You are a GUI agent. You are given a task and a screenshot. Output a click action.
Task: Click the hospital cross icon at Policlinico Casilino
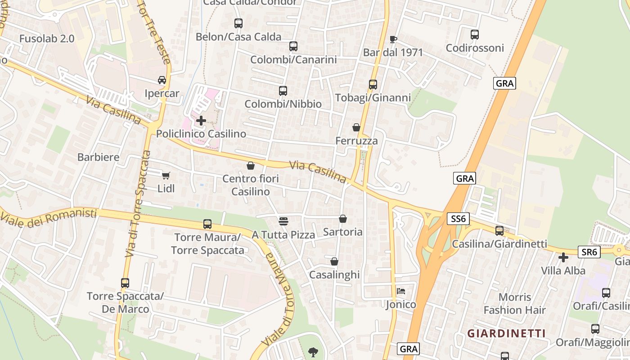pyautogui.click(x=201, y=121)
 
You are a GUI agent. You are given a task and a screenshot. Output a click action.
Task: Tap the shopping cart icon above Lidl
pyautogui.click(x=166, y=175)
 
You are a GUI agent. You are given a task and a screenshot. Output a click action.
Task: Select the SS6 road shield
pyautogui.click(x=459, y=219)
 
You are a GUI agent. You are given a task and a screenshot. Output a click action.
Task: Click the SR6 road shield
pyautogui.click(x=589, y=252)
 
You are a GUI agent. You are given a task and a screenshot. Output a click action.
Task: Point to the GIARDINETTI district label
pyautogui.click(x=506, y=333)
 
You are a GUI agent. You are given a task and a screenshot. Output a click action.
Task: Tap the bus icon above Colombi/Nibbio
pyautogui.click(x=283, y=91)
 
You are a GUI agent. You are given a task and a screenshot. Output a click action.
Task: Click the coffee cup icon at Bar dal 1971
pyautogui.click(x=393, y=39)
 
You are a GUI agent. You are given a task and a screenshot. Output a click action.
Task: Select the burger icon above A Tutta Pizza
pyautogui.click(x=283, y=221)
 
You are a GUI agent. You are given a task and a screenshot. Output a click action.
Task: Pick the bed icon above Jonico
pyautogui.click(x=401, y=291)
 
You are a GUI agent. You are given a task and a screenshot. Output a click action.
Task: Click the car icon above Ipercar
pyautogui.click(x=162, y=80)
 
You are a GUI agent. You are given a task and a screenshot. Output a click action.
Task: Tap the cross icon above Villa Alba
pyautogui.click(x=563, y=257)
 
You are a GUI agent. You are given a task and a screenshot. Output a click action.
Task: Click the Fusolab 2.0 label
pyautogui.click(x=46, y=39)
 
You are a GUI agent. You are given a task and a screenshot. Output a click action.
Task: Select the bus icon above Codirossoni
pyautogui.click(x=475, y=35)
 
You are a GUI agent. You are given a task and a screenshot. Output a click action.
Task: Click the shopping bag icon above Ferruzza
pyautogui.click(x=356, y=127)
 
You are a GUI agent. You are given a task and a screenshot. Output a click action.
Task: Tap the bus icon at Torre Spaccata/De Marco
pyautogui.click(x=125, y=283)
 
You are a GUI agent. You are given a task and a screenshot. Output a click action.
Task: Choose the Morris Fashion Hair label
pyautogui.click(x=515, y=303)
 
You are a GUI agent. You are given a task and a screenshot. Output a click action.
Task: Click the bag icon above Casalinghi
pyautogui.click(x=334, y=261)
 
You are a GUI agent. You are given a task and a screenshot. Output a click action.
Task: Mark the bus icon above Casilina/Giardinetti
pyautogui.click(x=499, y=231)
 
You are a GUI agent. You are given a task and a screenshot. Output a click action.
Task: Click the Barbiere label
pyautogui.click(x=98, y=157)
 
